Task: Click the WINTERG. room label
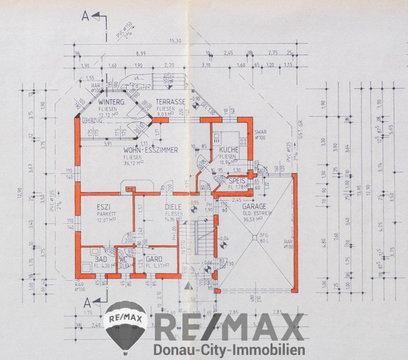[x=112, y=101]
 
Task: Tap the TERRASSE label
[x=171, y=101]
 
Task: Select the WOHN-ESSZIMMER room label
[x=151, y=150]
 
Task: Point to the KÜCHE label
[x=230, y=151]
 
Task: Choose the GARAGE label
[x=255, y=206]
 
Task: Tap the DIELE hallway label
[x=173, y=207]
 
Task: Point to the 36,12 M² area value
[x=151, y=164]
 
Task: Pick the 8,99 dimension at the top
[x=141, y=55]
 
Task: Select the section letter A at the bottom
[x=85, y=302]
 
